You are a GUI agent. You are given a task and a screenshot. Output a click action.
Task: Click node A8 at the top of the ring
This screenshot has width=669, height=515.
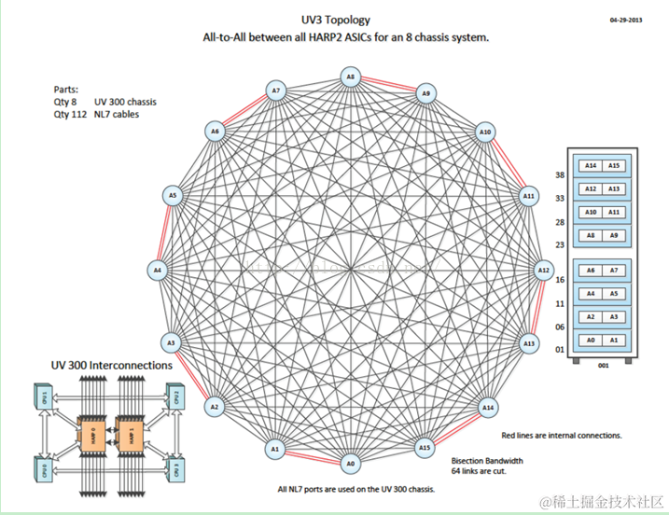350,77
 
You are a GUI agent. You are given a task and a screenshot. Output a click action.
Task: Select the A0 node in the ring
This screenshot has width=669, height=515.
350,463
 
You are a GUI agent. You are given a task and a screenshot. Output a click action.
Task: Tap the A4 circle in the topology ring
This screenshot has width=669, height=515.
157,270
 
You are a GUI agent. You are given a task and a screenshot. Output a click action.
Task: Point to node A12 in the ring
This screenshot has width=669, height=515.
543,270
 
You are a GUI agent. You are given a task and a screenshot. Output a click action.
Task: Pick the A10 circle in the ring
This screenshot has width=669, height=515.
485,132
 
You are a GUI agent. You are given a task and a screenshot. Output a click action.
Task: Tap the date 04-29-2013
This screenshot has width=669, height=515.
627,18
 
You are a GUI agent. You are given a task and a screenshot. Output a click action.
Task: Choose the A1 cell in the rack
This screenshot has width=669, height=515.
614,341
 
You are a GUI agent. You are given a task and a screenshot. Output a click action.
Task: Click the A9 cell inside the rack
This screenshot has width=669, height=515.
614,235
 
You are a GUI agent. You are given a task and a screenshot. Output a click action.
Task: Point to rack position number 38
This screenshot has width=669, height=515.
560,175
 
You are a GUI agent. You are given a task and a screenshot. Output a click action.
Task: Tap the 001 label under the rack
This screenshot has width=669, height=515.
603,366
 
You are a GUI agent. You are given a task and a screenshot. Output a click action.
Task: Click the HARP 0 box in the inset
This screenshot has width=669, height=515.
94,431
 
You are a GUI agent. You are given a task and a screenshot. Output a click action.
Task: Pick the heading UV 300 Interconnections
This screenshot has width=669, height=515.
112,366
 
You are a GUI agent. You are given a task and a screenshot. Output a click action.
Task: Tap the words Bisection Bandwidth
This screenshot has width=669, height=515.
486,460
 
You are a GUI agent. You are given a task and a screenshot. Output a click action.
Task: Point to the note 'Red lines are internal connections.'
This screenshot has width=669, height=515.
562,435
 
